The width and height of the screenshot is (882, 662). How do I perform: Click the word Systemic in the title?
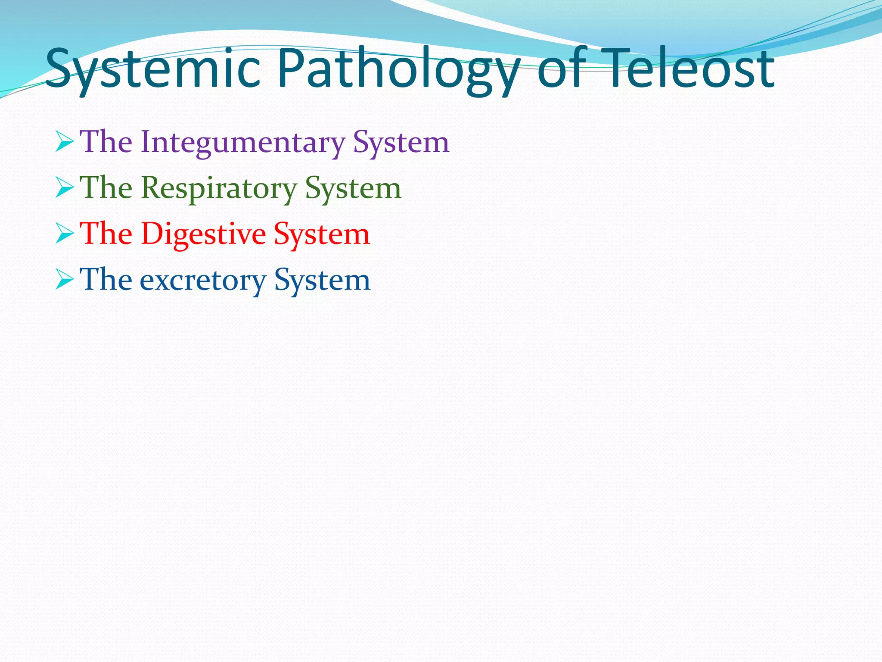153,69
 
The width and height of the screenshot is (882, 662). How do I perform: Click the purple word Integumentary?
242,142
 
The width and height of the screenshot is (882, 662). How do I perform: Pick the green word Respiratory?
219,188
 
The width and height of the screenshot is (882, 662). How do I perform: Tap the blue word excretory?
203,280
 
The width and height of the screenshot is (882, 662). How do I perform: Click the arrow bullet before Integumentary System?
65,143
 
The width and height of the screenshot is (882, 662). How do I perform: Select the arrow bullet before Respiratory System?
65,189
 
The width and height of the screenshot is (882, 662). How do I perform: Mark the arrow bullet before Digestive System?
65,234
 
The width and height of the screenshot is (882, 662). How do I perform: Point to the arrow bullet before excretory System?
65,281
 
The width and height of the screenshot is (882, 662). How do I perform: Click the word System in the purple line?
401,142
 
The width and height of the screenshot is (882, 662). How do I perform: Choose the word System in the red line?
322,234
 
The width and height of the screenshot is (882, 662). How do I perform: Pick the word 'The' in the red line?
106,234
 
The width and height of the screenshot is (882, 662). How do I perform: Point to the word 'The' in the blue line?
106,280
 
